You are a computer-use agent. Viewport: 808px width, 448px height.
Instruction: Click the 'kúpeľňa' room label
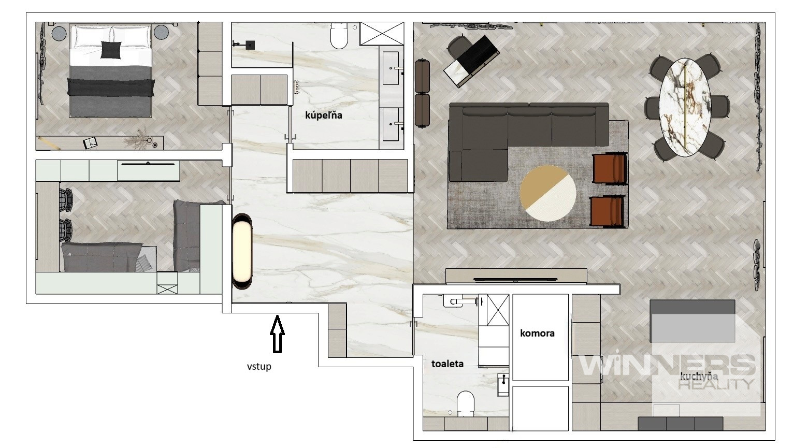[x=324, y=115]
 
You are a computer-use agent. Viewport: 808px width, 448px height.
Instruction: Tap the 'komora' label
[x=537, y=334]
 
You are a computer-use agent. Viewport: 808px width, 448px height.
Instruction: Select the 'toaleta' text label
[x=448, y=364]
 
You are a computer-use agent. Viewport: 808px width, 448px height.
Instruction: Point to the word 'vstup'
[x=259, y=367]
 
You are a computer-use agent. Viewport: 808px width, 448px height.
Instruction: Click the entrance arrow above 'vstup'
[x=277, y=334]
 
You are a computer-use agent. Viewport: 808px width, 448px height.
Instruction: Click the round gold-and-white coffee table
[x=548, y=193]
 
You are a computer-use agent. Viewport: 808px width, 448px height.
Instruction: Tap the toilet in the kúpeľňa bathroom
[x=339, y=36]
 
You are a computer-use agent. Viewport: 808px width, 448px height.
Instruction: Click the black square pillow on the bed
[x=111, y=49]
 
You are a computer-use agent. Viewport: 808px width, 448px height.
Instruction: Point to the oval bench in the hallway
[x=242, y=251]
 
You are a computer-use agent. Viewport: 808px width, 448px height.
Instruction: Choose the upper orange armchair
[x=610, y=169]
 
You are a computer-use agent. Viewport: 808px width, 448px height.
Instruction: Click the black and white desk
[x=471, y=61]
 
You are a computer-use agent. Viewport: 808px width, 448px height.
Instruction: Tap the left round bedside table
[x=59, y=33]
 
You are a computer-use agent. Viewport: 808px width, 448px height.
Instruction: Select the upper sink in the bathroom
[x=391, y=68]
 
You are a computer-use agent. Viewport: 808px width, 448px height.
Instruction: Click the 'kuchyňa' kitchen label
[x=699, y=377]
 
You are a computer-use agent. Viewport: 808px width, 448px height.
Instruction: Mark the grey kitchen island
[x=692, y=321]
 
